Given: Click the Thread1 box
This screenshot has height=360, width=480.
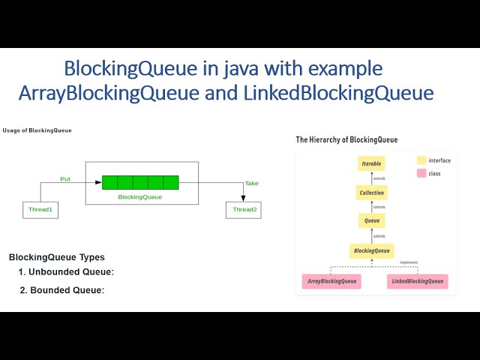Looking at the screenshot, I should [40, 209].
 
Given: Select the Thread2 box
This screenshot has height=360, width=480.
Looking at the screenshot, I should [244, 209].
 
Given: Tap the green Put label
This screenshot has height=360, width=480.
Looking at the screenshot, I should [66, 179].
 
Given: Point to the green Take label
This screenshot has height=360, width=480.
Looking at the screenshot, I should [251, 184].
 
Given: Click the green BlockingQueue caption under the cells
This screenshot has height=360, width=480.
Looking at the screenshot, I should [140, 196].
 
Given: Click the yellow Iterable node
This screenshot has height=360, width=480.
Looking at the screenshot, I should [371, 163].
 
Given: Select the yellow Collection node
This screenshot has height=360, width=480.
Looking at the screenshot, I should [371, 193].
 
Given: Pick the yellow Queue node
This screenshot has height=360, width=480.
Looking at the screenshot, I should [371, 220].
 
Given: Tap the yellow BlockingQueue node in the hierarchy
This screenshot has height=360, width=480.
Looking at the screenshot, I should [371, 251].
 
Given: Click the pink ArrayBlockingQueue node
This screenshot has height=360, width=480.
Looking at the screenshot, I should [331, 282].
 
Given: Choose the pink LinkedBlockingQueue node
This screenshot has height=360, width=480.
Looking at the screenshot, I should [418, 282].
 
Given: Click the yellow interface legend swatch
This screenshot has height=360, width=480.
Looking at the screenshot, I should [421, 160].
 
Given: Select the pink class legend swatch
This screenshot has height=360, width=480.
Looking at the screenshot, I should [421, 173].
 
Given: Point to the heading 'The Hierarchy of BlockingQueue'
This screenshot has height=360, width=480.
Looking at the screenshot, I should [346, 139].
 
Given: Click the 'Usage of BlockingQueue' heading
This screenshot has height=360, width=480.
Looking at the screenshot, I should [37, 130].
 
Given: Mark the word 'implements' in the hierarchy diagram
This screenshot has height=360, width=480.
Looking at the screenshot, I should [409, 262].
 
